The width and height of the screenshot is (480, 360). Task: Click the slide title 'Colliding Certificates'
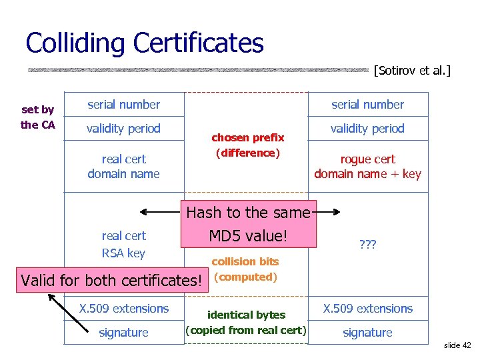click(144, 43)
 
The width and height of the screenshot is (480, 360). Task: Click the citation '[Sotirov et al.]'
click(412, 69)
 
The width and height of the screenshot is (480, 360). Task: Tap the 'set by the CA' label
click(38, 117)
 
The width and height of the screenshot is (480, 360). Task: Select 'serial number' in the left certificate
click(124, 105)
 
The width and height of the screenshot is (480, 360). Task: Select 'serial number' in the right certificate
click(367, 105)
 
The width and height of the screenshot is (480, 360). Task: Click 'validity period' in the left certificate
click(124, 129)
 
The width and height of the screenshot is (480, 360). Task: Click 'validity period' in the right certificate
click(367, 129)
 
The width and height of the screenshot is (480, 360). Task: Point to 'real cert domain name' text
click(124, 167)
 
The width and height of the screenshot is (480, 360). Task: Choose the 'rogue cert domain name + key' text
click(367, 167)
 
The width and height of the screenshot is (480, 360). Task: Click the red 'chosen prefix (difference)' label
click(247, 145)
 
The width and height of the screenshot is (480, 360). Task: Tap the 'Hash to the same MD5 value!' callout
click(248, 225)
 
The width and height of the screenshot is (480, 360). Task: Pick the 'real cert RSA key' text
click(123, 244)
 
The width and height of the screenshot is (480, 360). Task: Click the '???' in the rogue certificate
click(367, 245)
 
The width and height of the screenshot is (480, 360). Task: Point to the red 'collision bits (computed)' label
click(245, 269)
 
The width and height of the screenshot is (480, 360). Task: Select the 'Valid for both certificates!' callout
click(111, 280)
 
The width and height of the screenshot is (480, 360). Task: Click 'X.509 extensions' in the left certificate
click(124, 309)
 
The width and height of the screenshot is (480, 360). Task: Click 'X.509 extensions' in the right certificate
click(367, 309)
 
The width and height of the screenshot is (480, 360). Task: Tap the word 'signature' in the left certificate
click(124, 333)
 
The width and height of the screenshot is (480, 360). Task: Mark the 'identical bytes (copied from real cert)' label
click(246, 322)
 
